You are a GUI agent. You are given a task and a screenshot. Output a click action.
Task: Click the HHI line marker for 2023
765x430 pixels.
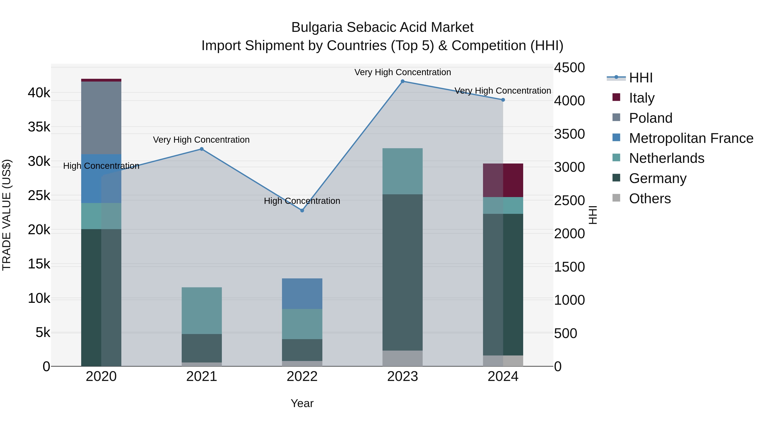click(x=402, y=81)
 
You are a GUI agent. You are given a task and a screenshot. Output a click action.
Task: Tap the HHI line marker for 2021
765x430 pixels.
click(x=202, y=149)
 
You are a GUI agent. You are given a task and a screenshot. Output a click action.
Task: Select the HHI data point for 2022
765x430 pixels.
click(x=302, y=210)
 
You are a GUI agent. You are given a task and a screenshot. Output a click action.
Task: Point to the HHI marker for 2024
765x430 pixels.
click(x=503, y=100)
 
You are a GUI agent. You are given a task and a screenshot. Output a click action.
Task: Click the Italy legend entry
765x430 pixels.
click(x=642, y=98)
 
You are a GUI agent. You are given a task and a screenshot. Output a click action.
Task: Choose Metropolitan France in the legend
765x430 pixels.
click(x=691, y=138)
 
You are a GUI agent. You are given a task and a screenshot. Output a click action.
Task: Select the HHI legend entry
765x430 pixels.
click(x=640, y=78)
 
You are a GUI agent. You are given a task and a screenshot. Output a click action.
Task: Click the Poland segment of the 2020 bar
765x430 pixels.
click(x=101, y=118)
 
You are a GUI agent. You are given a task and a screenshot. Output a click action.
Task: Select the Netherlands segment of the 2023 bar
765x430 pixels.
click(x=402, y=171)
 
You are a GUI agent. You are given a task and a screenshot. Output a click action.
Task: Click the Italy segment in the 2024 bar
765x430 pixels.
click(x=503, y=180)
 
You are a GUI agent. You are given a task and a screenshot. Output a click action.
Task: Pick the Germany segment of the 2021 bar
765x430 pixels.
click(x=202, y=348)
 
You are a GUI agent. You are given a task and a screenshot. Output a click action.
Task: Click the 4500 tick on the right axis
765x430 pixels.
click(x=569, y=68)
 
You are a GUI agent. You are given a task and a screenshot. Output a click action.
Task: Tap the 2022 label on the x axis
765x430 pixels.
click(x=302, y=376)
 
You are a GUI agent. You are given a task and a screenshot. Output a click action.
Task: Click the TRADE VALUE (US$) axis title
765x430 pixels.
click(x=7, y=215)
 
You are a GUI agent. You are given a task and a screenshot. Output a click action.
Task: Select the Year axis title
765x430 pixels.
click(x=302, y=403)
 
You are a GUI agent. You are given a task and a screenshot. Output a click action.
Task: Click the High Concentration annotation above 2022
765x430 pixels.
click(x=302, y=201)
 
